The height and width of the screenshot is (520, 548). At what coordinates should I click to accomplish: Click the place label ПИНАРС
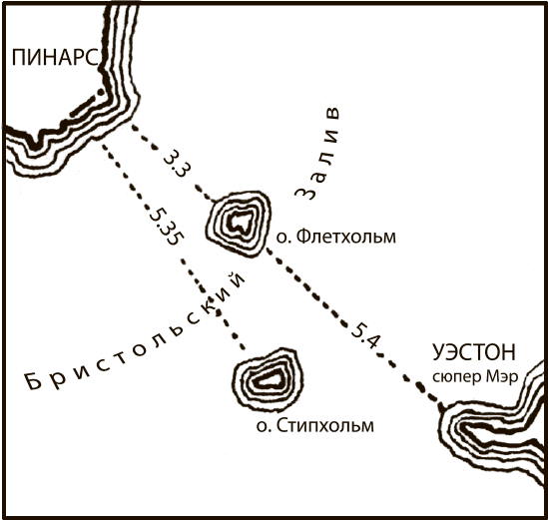point(55,57)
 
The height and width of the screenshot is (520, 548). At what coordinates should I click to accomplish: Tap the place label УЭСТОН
point(474,352)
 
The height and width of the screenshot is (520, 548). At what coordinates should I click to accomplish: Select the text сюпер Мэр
point(475,377)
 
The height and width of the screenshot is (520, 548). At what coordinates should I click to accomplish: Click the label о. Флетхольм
point(336,237)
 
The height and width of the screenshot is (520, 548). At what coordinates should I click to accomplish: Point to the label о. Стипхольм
point(315,425)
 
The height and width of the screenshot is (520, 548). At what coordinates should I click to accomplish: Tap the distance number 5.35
point(167,228)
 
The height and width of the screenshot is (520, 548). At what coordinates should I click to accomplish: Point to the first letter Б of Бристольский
point(34,381)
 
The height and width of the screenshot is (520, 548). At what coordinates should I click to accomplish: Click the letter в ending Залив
point(332,113)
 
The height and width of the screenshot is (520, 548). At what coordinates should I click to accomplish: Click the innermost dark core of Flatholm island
point(240,223)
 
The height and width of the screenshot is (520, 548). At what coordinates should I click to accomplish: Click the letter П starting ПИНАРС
point(20,58)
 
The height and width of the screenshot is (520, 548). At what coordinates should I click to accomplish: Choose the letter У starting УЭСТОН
point(438,352)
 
